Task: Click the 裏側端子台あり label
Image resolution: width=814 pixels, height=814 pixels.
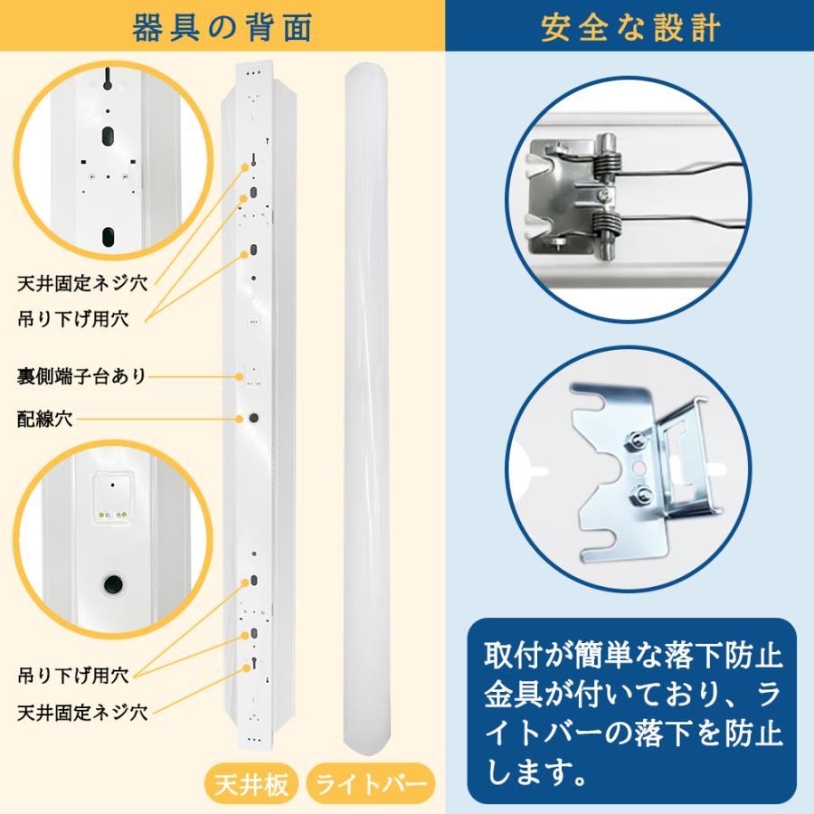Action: (x=82, y=375)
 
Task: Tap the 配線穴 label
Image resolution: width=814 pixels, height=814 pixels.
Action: (x=45, y=419)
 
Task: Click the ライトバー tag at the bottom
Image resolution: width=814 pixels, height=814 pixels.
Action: (x=369, y=782)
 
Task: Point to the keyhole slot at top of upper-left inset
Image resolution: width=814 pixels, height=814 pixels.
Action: (x=107, y=80)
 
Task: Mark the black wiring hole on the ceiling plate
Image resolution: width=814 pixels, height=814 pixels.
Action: (x=253, y=418)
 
